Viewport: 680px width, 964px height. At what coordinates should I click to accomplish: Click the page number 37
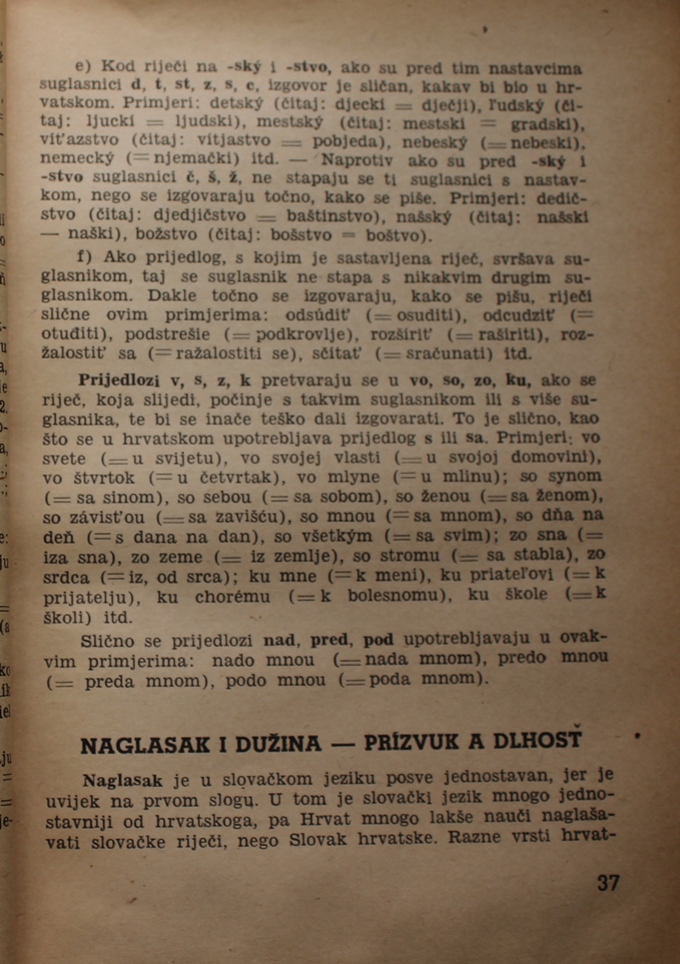click(608, 882)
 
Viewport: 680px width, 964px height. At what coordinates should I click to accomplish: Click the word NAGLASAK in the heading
click(141, 745)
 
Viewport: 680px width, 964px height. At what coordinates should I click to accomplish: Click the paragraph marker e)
click(82, 65)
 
